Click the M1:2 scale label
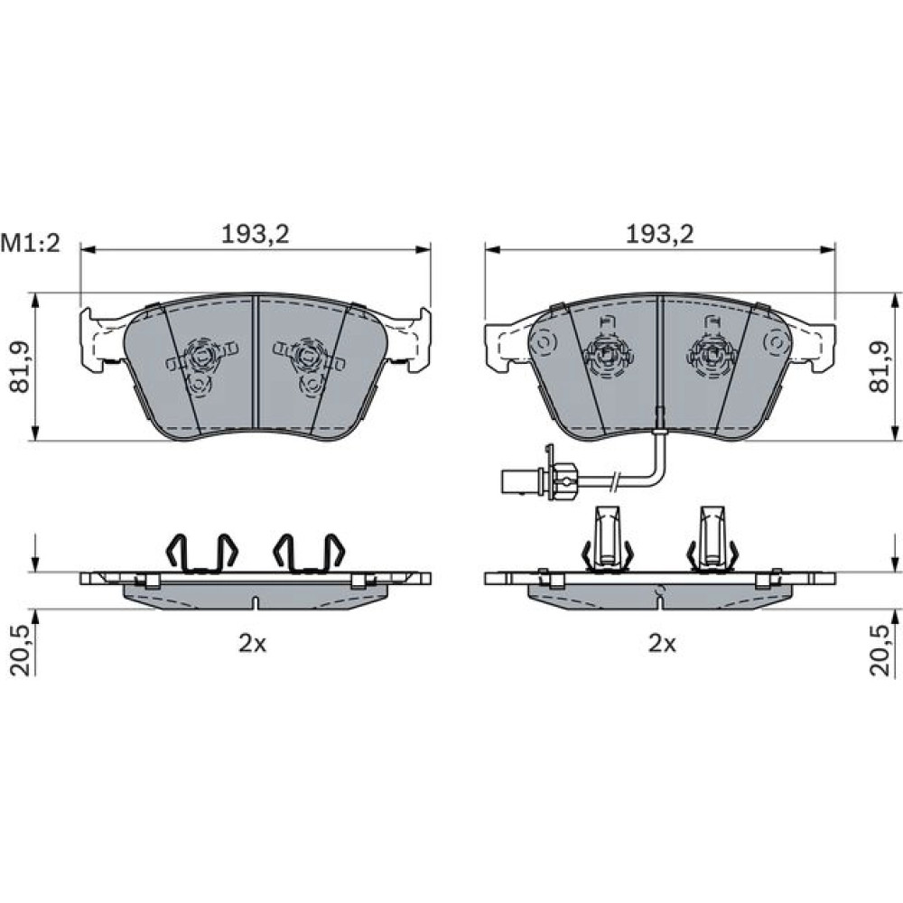(x=31, y=244)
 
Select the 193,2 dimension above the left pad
(x=256, y=235)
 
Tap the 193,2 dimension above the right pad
(x=660, y=235)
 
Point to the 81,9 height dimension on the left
(x=21, y=367)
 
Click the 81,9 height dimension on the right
(x=880, y=367)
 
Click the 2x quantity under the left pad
(x=253, y=643)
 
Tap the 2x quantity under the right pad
(x=662, y=643)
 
